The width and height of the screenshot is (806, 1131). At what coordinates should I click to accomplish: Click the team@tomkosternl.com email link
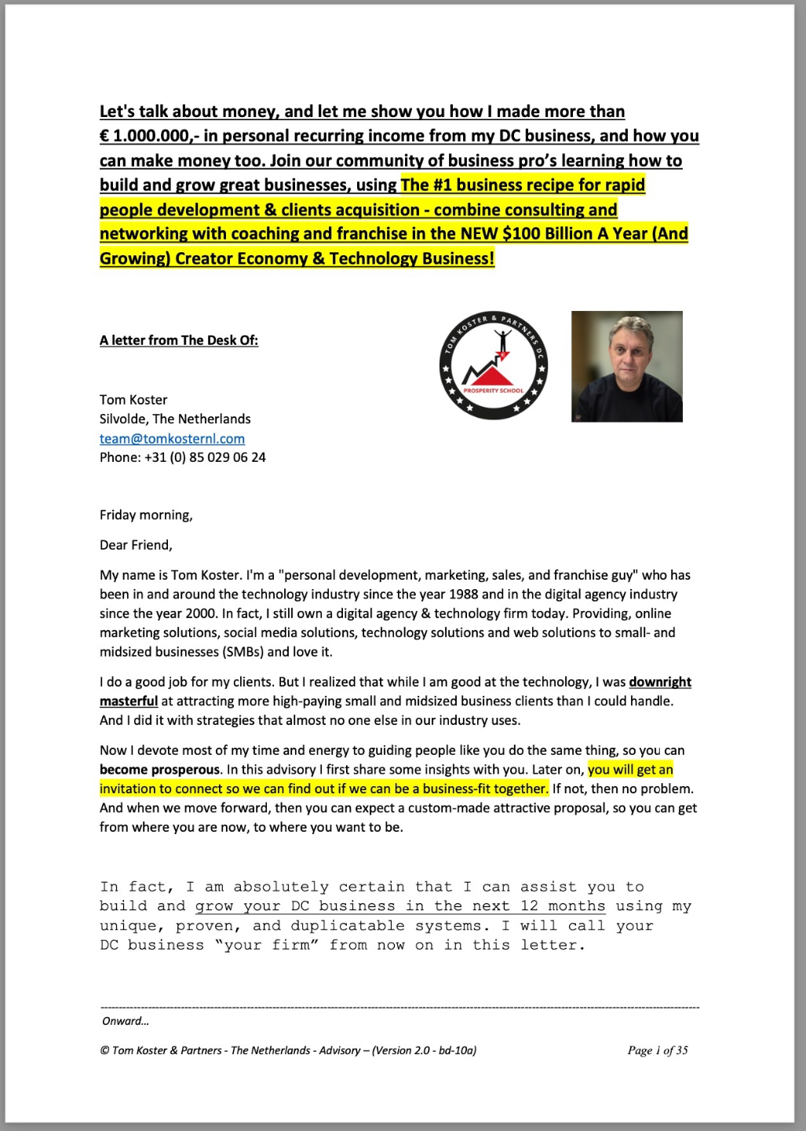pos(172,438)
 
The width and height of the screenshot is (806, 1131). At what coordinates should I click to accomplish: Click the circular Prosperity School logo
pos(493,365)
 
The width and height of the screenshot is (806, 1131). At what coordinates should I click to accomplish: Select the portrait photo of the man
pos(626,366)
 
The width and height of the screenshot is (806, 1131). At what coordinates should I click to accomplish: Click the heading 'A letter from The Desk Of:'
pos(179,340)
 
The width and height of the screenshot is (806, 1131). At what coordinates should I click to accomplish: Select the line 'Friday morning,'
pos(146,515)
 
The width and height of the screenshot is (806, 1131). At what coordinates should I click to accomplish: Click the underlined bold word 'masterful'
pos(129,701)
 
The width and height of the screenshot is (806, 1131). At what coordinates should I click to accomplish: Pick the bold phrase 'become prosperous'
pos(159,770)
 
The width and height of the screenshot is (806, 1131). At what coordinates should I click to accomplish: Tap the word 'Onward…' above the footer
pos(126,1021)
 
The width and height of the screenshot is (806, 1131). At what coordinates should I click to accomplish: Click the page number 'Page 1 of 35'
pos(658,1050)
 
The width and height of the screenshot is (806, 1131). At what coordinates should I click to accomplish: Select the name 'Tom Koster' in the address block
pos(133,400)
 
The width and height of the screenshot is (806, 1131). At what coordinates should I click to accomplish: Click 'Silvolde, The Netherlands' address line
pos(175,419)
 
